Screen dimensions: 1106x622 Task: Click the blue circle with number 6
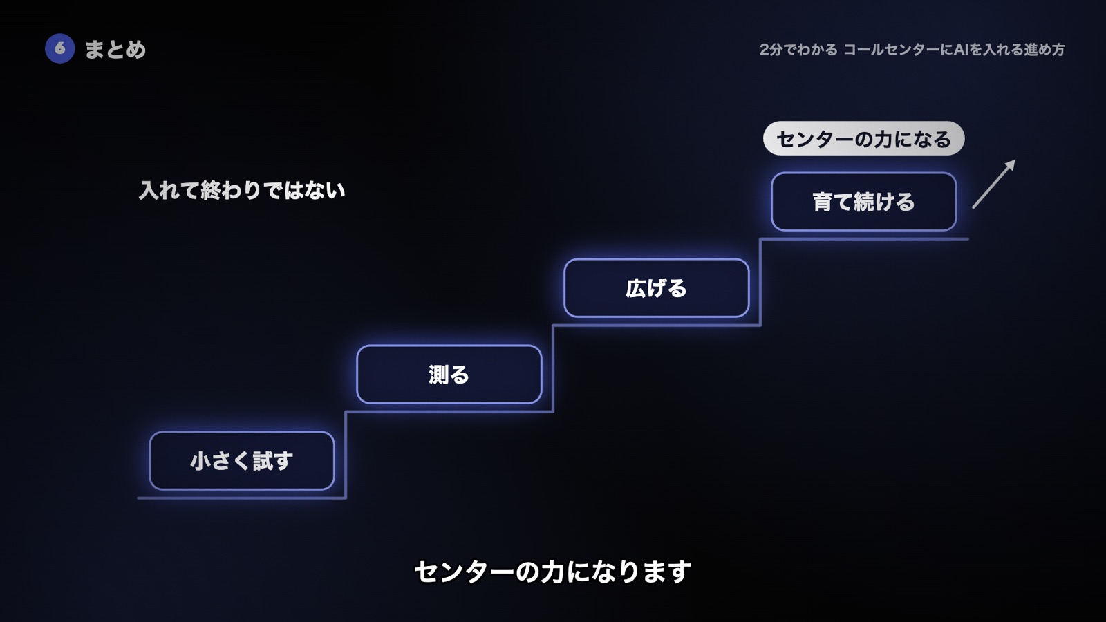point(59,48)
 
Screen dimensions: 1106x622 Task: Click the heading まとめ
point(115,49)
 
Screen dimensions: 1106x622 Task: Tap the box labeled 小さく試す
point(242,460)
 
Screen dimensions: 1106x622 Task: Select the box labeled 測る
point(449,374)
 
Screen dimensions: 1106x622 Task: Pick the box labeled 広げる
point(657,288)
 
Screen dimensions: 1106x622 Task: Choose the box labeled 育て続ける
point(864,201)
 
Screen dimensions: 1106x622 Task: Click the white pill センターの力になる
point(863,139)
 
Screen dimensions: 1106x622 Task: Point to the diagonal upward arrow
point(994,184)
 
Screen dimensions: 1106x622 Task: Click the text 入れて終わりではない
point(242,191)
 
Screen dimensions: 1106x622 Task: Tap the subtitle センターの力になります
point(552,572)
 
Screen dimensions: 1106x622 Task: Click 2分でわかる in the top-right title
point(798,49)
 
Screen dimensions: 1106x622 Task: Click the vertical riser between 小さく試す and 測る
point(346,455)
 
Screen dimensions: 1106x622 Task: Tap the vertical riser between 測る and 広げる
point(553,368)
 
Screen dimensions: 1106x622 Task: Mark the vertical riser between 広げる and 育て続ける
point(760,282)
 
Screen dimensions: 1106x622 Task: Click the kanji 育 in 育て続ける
point(823,202)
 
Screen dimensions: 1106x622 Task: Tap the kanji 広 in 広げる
point(635,288)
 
